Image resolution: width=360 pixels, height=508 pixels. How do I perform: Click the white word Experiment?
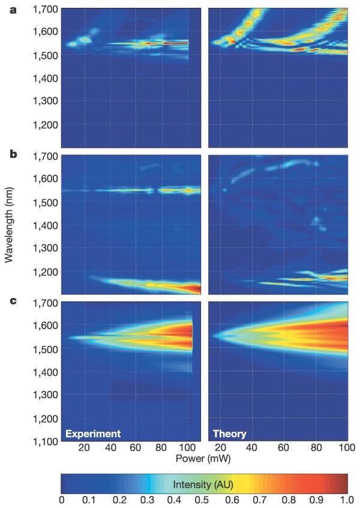coord(93,433)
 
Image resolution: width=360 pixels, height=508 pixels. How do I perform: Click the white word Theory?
coord(230,433)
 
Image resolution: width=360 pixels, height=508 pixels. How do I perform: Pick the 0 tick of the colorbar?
coord(62,500)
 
